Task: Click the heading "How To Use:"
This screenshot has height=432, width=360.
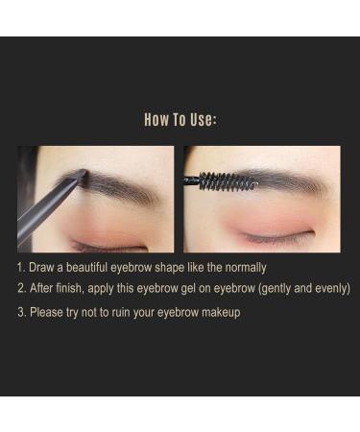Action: pyautogui.click(x=180, y=120)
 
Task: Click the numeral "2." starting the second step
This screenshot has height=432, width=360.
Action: pyautogui.click(x=20, y=288)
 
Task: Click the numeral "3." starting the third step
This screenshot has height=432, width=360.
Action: pyautogui.click(x=20, y=312)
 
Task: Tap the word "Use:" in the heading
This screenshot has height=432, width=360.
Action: pyautogui.click(x=203, y=120)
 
